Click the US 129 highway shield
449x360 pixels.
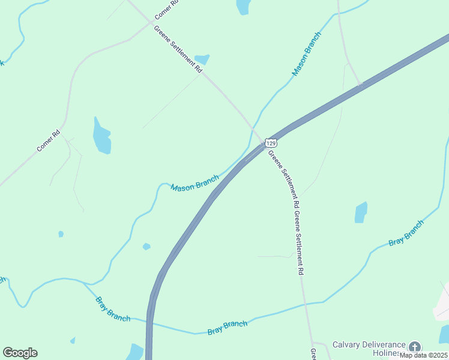click(x=271, y=143)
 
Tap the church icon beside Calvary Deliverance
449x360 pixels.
click(x=414, y=346)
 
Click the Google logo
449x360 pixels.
click(x=20, y=353)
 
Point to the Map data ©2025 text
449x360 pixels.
click(x=423, y=355)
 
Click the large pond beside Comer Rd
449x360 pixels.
click(x=101, y=136)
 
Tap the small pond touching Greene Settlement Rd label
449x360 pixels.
click(x=202, y=59)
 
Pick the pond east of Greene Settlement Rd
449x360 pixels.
click(x=361, y=212)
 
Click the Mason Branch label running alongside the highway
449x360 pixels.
click(x=194, y=183)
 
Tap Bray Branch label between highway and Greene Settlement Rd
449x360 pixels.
click(x=228, y=328)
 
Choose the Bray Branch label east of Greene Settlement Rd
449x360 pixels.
click(x=406, y=232)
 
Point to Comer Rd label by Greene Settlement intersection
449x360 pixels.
click(x=166, y=8)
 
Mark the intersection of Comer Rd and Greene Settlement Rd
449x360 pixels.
click(x=151, y=22)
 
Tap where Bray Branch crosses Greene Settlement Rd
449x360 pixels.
click(x=306, y=304)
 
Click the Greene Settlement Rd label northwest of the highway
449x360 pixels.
click(x=178, y=49)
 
